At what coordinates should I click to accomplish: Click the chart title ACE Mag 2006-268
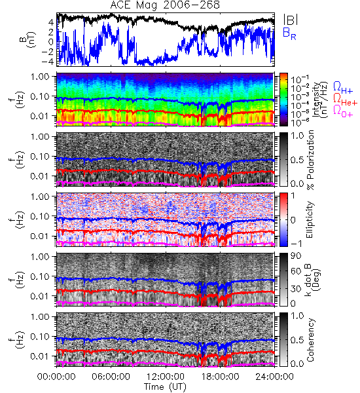(165, 5)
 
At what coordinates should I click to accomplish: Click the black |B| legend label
(290, 20)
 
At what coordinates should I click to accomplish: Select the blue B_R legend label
(289, 34)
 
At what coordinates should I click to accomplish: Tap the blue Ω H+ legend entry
(343, 88)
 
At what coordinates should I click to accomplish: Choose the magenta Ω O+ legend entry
(343, 111)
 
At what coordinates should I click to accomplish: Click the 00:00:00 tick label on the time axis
(56, 377)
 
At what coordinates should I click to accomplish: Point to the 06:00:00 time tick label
(111, 377)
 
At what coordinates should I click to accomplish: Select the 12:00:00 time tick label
(166, 377)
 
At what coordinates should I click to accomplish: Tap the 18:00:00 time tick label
(220, 377)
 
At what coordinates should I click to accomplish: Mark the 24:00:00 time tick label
(274, 377)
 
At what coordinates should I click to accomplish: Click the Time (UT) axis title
(165, 386)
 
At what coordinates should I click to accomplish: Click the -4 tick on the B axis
(48, 62)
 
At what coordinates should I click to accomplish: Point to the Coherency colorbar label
(310, 340)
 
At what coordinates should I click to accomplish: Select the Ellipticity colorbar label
(310, 219)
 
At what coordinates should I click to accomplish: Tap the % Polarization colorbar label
(311, 160)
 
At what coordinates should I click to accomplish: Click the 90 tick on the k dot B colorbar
(296, 256)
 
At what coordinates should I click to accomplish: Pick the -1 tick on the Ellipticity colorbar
(296, 244)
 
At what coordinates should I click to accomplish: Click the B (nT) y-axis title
(27, 39)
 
